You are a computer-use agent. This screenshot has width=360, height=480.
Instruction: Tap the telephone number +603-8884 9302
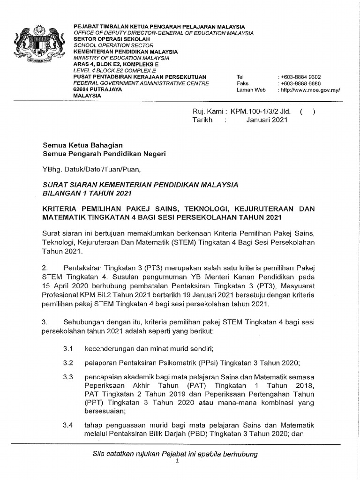pos(300,77)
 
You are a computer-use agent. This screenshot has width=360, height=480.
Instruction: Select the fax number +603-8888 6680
pos(300,83)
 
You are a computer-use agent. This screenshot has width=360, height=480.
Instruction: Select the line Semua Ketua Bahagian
pos(83,146)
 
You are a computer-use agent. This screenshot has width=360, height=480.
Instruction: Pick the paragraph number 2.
pos(45,268)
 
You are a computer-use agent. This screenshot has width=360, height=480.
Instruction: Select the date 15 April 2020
pos(64,285)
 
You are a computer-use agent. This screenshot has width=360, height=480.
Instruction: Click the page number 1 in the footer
pos(177,461)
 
